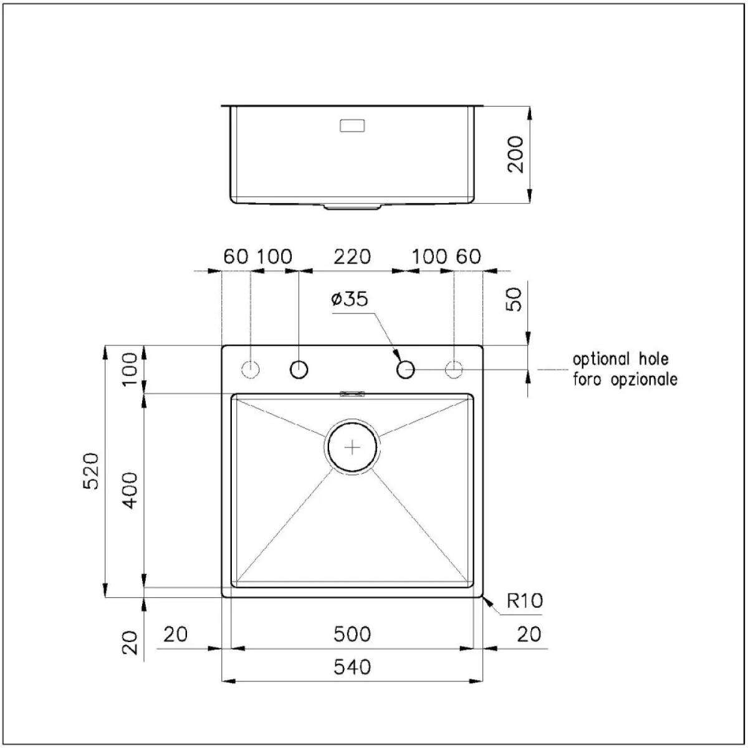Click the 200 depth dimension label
[x=515, y=154]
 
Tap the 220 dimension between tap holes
[x=352, y=257]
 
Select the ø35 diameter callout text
[x=349, y=299]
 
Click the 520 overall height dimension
[x=92, y=471]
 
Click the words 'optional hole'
[x=621, y=359]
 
